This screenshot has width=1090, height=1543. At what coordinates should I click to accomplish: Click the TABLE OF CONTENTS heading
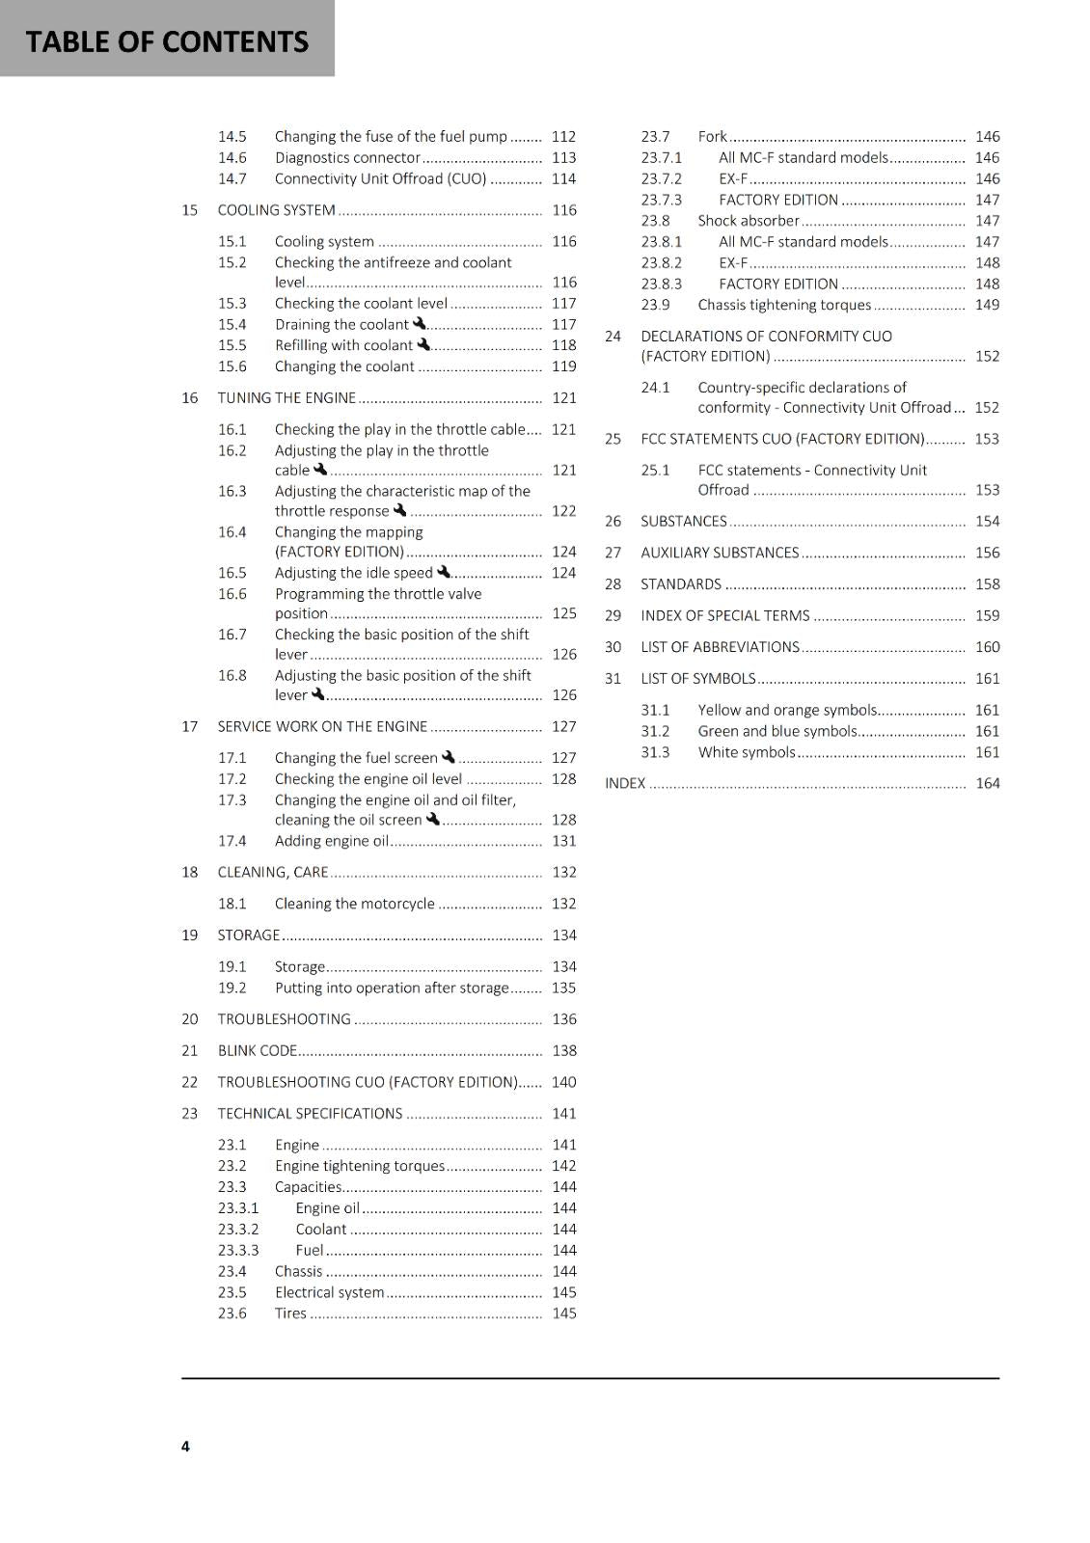167,41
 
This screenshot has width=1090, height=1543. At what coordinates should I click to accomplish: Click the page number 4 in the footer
185,1446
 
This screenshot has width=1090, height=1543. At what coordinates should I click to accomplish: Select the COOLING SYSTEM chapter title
276,210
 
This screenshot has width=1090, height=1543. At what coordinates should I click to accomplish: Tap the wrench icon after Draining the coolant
420,324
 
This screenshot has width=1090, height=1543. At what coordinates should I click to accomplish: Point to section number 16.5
232,573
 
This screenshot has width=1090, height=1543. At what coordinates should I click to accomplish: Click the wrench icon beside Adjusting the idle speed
444,572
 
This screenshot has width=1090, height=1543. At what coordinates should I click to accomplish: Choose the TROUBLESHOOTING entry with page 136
284,1019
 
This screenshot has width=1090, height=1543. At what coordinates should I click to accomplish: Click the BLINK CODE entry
257,1051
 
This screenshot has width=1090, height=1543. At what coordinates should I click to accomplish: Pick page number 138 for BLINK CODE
564,1051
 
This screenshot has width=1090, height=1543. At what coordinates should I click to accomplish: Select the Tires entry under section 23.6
290,1313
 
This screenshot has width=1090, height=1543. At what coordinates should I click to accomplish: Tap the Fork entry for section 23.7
712,137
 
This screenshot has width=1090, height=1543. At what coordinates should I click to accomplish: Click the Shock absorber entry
749,221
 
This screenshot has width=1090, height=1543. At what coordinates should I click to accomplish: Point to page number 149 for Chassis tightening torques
987,305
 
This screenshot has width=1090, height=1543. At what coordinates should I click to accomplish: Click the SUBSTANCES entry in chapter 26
683,522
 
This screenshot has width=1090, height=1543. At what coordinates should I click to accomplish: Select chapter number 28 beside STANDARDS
613,584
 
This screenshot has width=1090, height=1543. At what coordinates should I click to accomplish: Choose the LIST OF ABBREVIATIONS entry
720,647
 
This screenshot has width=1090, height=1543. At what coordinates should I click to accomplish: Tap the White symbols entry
747,752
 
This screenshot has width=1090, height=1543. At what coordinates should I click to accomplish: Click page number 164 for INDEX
987,783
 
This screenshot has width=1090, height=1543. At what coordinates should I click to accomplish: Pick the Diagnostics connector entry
347,158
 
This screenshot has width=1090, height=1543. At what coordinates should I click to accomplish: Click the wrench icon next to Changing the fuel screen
449,757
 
